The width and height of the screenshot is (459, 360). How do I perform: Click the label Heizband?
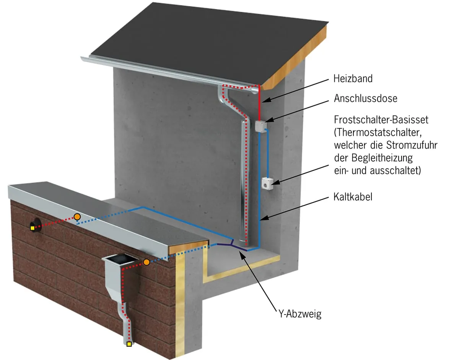[x=353, y=79]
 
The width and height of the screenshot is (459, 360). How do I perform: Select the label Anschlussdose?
[x=365, y=98]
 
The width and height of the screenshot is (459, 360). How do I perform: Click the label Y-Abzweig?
[x=298, y=314]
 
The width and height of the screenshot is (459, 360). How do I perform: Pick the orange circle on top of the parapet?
[x=77, y=217]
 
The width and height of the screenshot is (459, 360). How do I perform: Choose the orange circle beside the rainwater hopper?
[x=146, y=262]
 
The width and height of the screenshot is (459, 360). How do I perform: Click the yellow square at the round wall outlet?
[x=33, y=229]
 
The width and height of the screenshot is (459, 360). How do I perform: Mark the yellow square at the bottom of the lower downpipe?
[x=129, y=344]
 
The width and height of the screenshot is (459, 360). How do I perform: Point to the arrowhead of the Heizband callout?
[x=264, y=101]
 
